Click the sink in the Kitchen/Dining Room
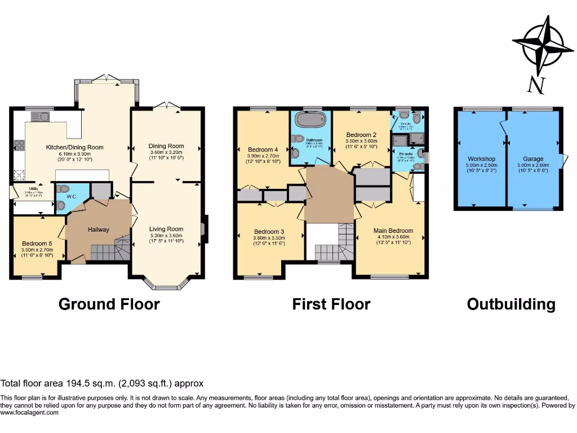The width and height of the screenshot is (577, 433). coord(40,117)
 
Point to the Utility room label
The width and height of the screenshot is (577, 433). coord(20,189)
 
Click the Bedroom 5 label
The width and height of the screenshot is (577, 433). coord(37,244)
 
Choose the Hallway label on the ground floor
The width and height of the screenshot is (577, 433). coord(98,229)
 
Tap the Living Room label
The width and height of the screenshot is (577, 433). coord(166,229)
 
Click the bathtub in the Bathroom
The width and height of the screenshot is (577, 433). coord(310,121)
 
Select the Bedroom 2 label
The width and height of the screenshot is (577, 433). coord(361,135)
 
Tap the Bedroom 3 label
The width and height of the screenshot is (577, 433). coord(269,232)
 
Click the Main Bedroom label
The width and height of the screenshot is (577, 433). coord(393,231)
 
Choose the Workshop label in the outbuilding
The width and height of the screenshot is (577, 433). coord(481,159)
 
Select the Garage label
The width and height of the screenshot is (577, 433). coord(533,159)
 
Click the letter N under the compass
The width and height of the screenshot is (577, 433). coord(536,85)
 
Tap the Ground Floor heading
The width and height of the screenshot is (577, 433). coord(109,304)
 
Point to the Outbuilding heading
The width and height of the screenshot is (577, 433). coord(511,304)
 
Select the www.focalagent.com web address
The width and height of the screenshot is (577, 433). coord(29,413)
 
